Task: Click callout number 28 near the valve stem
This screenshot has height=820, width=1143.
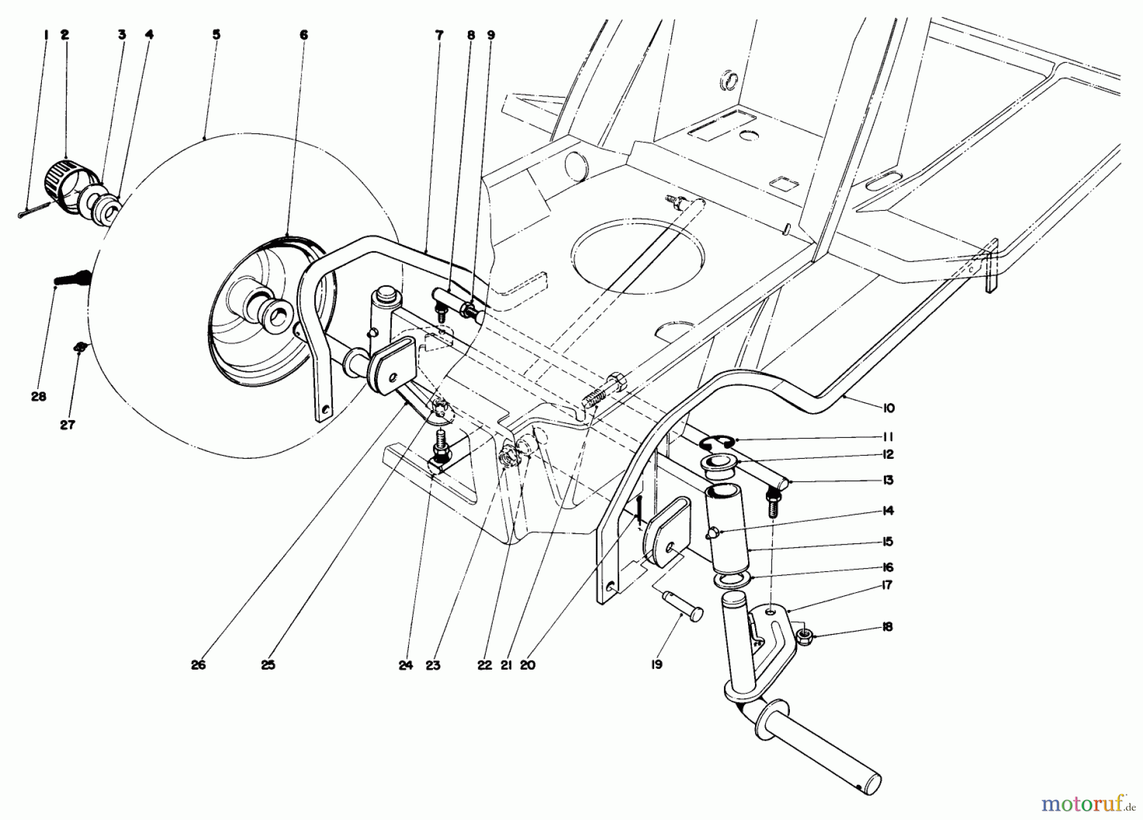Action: [38, 397]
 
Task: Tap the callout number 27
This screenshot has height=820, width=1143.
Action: [67, 425]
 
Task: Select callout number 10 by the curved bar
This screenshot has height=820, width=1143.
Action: [888, 408]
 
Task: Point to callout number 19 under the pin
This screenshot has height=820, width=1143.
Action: [657, 665]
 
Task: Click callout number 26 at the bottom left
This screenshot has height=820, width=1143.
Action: [198, 666]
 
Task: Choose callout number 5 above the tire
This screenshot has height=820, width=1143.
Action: [216, 35]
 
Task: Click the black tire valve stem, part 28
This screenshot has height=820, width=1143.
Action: [71, 278]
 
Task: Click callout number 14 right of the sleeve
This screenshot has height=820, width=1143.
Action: [888, 511]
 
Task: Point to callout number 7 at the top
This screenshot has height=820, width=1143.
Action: [439, 36]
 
